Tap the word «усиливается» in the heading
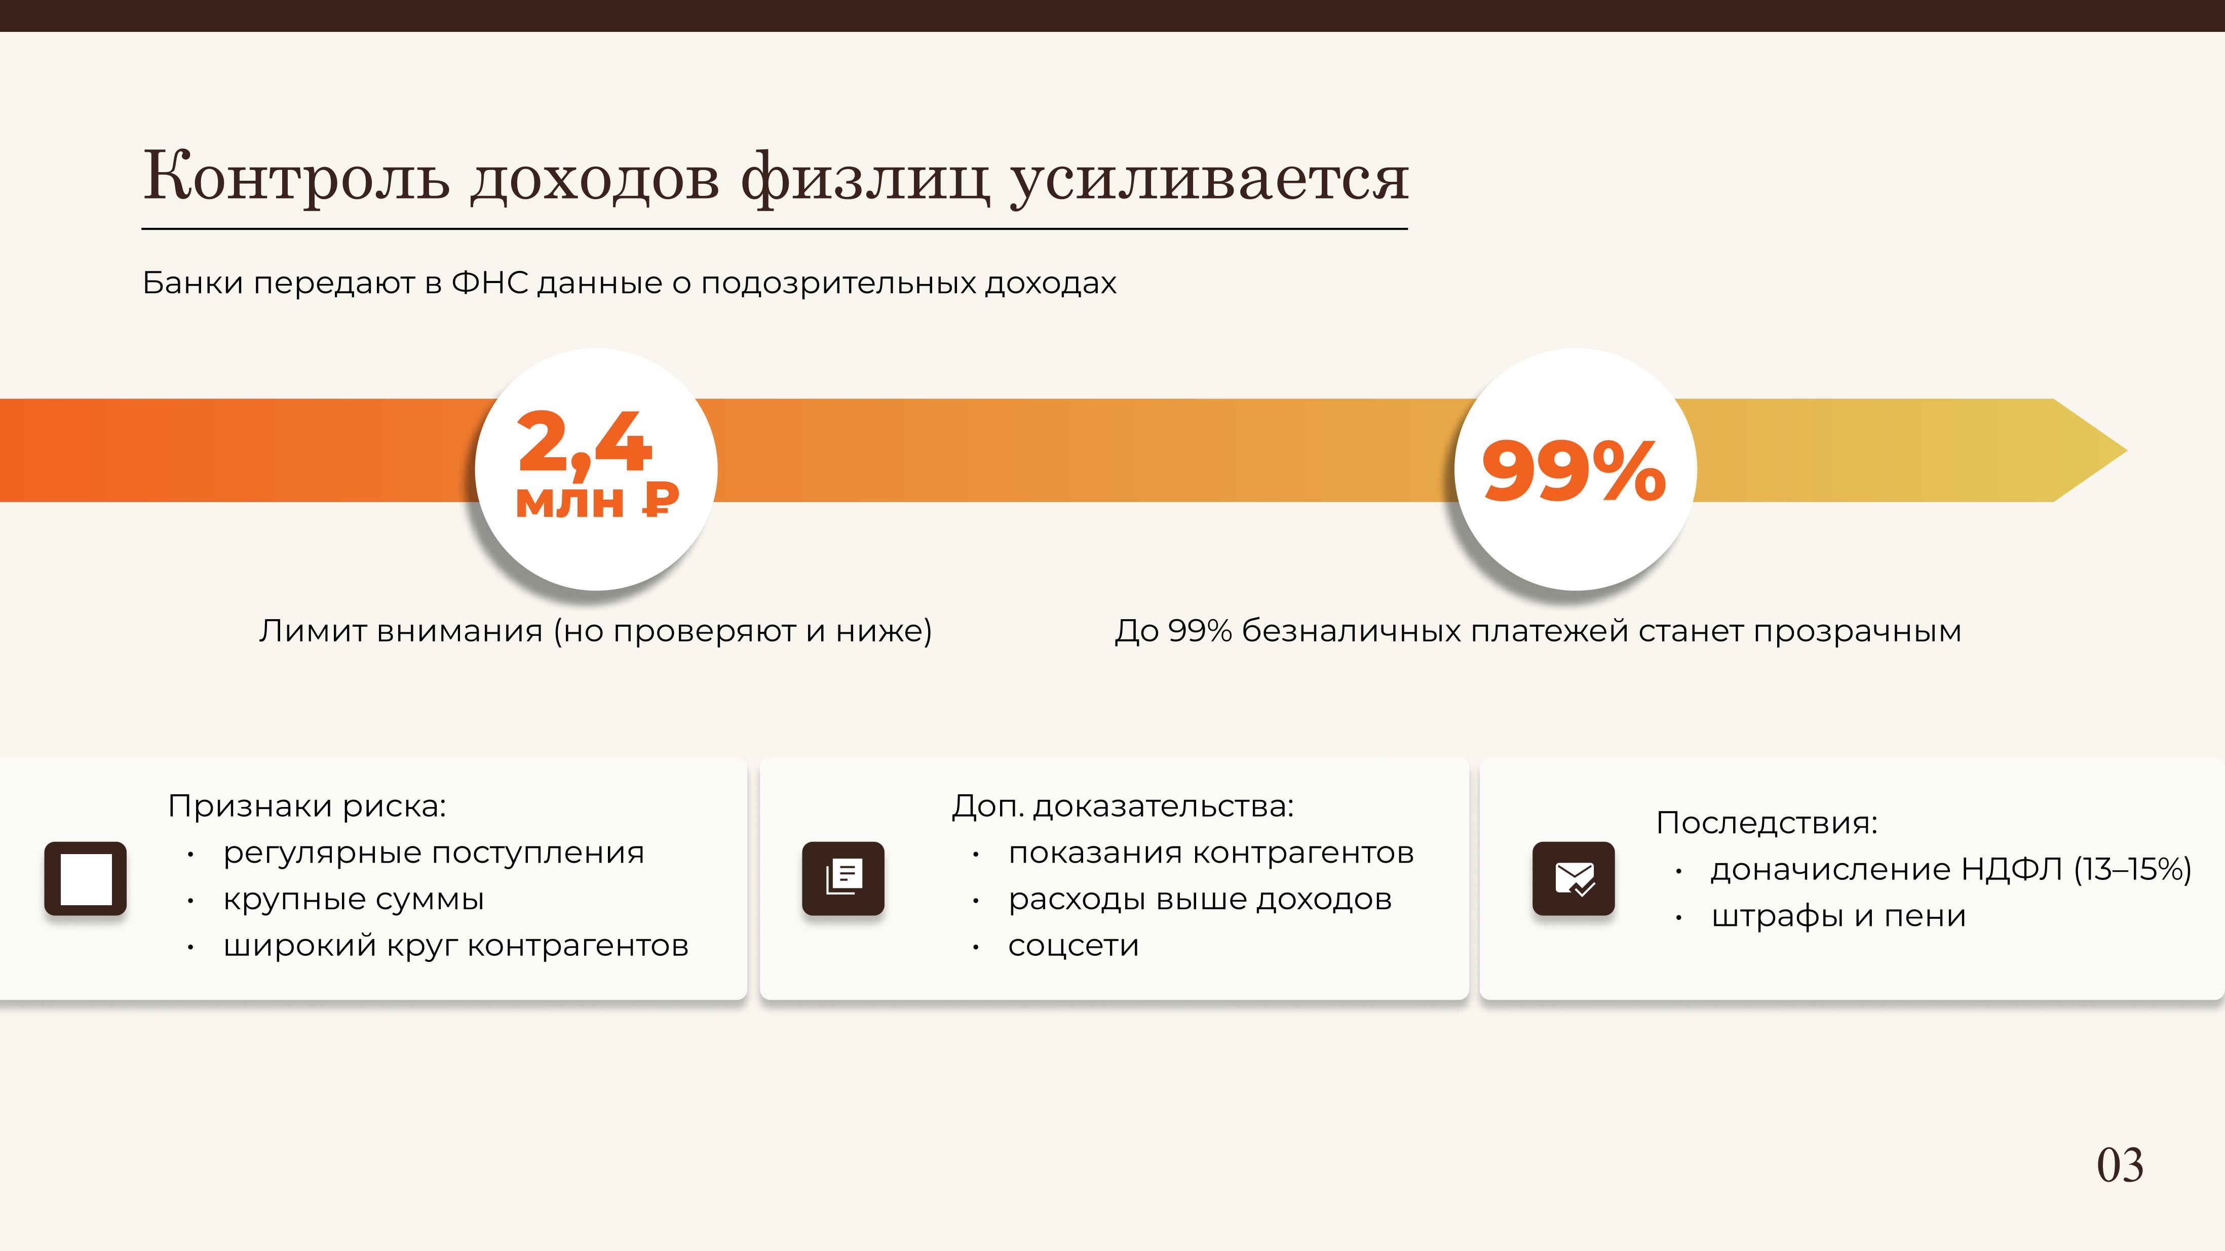[1209, 179]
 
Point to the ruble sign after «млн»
[661, 499]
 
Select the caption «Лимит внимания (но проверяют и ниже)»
[595, 631]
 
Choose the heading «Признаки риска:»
[306, 806]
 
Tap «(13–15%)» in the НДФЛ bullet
[2133, 869]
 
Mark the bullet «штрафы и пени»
[1838, 916]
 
